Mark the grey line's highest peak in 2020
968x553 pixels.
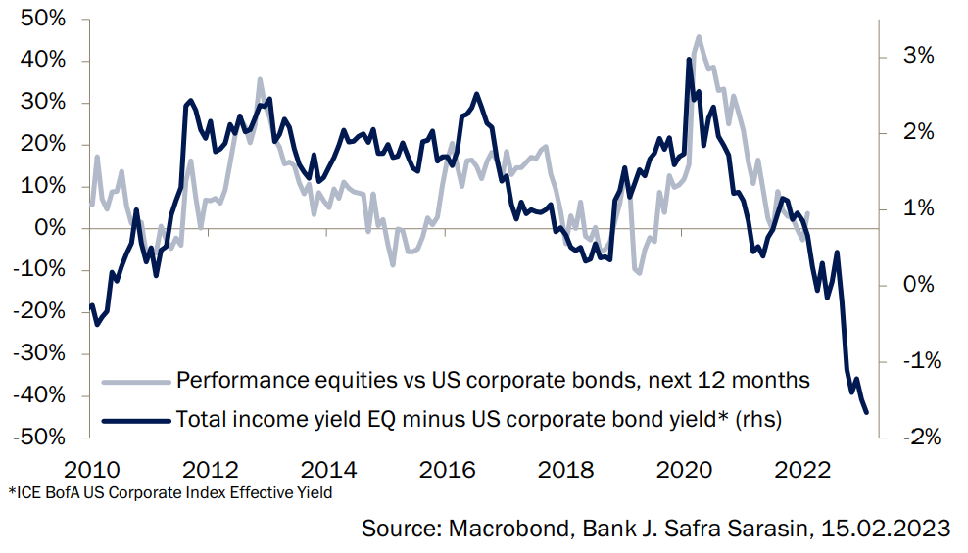[x=698, y=37]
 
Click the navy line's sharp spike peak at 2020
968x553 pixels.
[x=689, y=60]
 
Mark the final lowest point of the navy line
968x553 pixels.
[x=866, y=412]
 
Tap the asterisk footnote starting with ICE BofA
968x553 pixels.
[x=170, y=492]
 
